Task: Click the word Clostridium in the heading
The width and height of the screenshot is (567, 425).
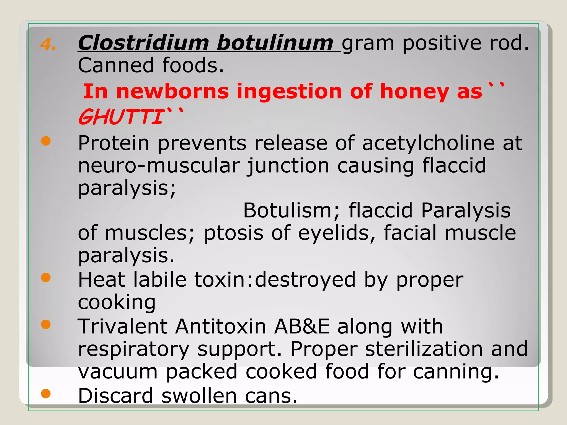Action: (x=143, y=43)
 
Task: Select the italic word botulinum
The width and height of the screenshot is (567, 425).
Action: (x=275, y=43)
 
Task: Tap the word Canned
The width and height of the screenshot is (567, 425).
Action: (x=116, y=65)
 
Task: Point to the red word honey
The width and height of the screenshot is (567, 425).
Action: (x=414, y=92)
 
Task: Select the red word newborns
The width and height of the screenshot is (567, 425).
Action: (x=172, y=92)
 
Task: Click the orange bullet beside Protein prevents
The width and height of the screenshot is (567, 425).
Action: (x=46, y=141)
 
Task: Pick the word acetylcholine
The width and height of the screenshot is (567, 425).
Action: (x=428, y=143)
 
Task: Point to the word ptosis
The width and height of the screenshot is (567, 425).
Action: (x=233, y=233)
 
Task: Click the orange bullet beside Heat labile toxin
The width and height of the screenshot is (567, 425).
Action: (x=46, y=278)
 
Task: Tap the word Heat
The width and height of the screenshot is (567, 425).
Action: (x=102, y=279)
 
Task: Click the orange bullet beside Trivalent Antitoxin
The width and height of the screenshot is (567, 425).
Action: (x=46, y=324)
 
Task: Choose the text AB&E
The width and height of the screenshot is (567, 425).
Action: (x=302, y=326)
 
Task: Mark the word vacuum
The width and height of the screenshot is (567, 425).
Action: (x=118, y=371)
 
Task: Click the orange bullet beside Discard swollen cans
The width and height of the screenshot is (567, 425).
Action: (x=46, y=393)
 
